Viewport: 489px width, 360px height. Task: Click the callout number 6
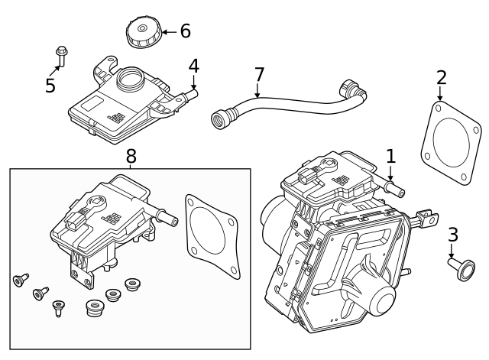point(186,31)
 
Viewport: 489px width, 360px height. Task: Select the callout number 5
point(50,85)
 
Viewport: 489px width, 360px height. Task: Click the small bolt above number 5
point(62,56)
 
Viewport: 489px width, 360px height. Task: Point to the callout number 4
point(193,66)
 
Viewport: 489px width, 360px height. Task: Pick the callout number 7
point(259,75)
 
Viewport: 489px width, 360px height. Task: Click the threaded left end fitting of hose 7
point(220,118)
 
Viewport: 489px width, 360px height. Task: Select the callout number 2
point(442,78)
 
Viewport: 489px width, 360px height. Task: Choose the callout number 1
point(390,156)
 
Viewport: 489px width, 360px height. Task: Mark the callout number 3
point(453,235)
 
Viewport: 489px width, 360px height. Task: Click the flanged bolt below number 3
point(462,269)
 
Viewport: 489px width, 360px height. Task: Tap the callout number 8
point(131,156)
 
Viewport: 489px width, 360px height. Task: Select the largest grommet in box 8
point(95,308)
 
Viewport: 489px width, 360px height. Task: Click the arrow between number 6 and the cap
point(170,32)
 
